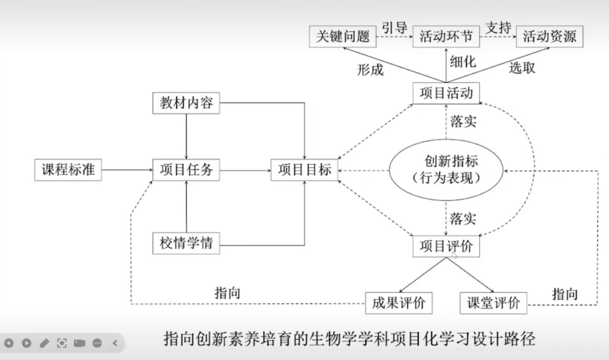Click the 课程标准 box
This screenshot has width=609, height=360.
pos(68,170)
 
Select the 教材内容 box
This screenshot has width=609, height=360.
pos(186,103)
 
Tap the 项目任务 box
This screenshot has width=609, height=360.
pos(186,170)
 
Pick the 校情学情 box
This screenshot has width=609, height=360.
pos(186,244)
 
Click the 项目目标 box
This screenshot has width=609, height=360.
pos(304,170)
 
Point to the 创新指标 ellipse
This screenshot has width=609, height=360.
pos(446,169)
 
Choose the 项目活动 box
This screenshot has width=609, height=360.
pos(446,93)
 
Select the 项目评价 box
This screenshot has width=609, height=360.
pos(446,246)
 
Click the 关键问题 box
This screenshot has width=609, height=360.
pos(342,36)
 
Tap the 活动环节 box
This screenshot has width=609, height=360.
pos(446,36)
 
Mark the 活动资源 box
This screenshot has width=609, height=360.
pos(549,36)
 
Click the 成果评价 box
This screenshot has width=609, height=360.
pos(399,303)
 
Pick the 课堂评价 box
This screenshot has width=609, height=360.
pos(493,303)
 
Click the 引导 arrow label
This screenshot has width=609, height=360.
pos(394,28)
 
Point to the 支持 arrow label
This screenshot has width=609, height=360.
pos(498,28)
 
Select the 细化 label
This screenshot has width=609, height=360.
pos(463,61)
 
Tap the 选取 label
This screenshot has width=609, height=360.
pos(522,68)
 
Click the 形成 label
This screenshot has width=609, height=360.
pos(370,70)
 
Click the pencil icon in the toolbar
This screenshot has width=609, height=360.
pos(44,343)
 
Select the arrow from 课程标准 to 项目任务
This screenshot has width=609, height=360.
pos(127,170)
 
